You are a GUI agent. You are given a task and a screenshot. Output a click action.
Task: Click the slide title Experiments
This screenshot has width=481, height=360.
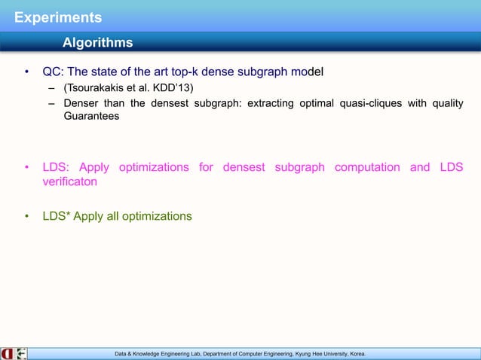[52, 17]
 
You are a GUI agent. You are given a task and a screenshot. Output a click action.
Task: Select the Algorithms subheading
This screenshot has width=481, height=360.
[97, 42]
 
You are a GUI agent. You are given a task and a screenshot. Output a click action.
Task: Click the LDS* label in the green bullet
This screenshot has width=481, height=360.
[57, 216]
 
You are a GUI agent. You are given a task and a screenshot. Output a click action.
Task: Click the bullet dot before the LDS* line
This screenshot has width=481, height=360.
[26, 217]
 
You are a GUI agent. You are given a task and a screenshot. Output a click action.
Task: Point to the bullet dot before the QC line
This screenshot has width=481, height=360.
[26, 73]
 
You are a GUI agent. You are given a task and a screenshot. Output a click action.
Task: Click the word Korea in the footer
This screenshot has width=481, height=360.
[353, 352]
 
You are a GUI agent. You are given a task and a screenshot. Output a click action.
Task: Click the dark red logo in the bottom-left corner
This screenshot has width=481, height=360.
[8, 352]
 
